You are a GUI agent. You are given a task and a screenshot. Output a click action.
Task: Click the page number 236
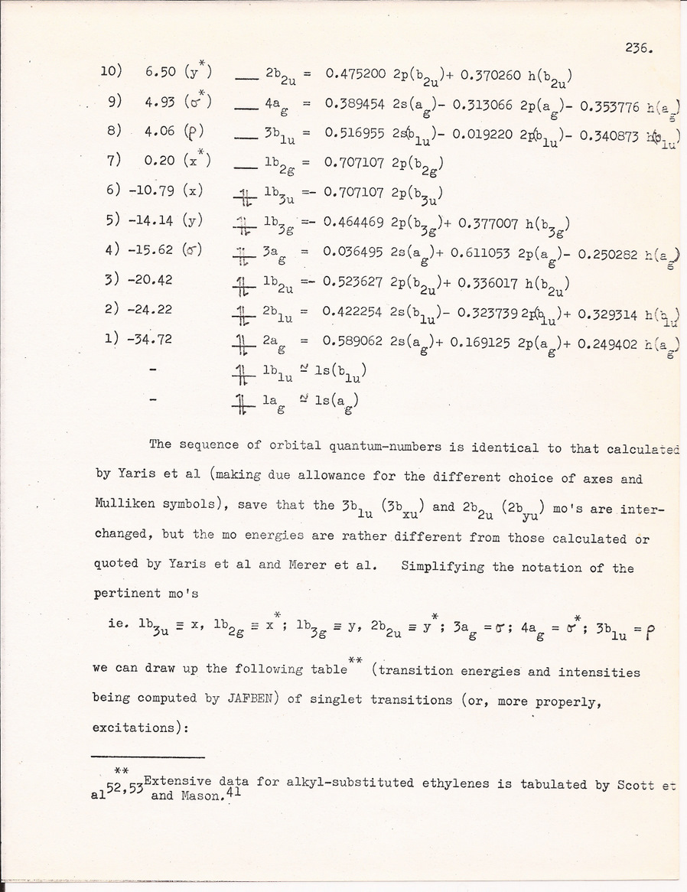tap(637, 48)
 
